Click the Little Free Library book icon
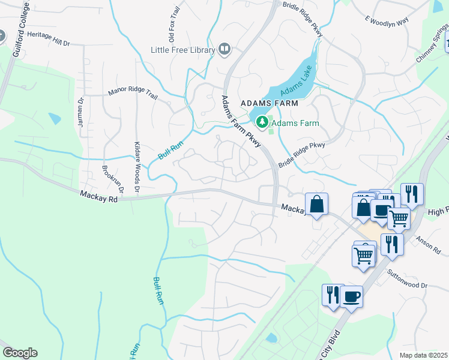[225, 49]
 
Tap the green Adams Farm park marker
[262, 123]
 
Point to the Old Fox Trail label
[175, 27]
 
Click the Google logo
[20, 353]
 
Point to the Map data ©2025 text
[423, 355]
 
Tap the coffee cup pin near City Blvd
[352, 296]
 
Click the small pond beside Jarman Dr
[55, 118]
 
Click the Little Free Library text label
[183, 50]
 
